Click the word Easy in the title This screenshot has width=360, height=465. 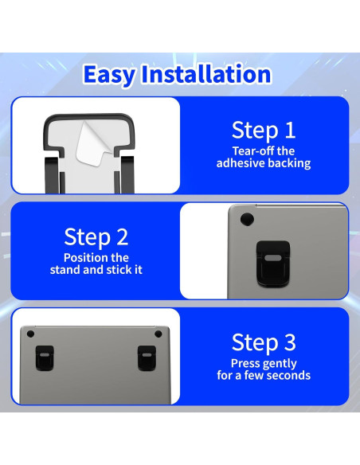coord(109,75)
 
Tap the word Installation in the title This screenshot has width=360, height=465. coord(206,73)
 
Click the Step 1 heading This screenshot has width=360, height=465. coord(264,131)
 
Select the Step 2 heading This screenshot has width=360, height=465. coord(96,236)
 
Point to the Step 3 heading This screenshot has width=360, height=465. coord(264,342)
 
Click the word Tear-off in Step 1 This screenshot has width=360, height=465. coord(251,151)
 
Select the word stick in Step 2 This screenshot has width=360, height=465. coord(120,270)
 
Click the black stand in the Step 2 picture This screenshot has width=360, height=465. coord(273,264)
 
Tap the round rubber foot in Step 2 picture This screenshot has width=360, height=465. coord(247,219)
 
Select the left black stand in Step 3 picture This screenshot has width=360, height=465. coord(45,358)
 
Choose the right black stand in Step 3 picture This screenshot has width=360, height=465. coord(147,358)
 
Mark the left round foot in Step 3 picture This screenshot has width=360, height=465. coord(30,334)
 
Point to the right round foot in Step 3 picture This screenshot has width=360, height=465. coord(158,334)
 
